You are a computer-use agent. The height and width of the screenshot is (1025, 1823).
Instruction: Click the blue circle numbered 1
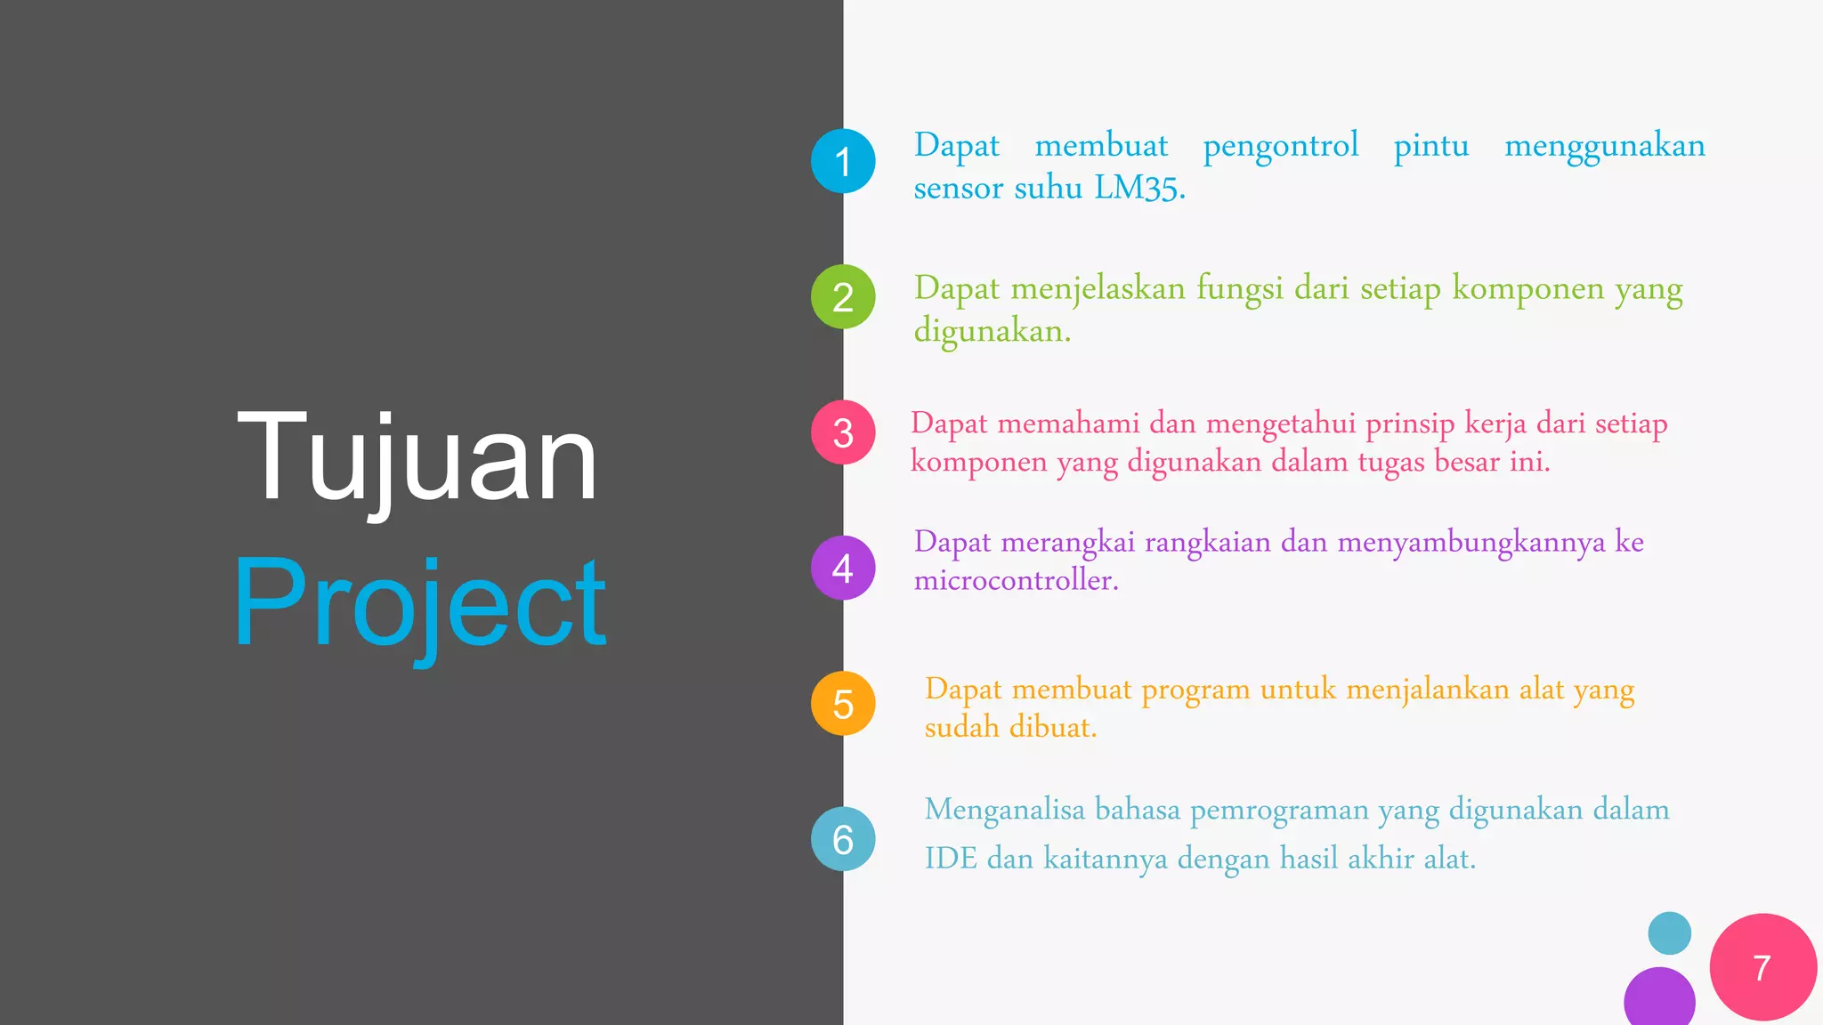(843, 161)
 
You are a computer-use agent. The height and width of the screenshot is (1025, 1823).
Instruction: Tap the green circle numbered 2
(843, 296)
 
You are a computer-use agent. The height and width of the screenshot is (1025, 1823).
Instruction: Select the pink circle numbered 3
(843, 432)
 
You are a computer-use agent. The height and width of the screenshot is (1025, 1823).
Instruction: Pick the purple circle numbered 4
(843, 568)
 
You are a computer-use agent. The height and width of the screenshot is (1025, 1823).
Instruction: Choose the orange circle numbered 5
(843, 704)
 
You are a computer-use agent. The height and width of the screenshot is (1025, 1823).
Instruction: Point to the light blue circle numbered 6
(843, 839)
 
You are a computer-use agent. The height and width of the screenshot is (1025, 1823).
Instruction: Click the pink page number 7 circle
(1762, 967)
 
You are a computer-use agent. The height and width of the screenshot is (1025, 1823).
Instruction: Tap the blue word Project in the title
(419, 603)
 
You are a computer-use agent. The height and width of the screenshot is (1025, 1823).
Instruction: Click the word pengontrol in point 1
(1280, 146)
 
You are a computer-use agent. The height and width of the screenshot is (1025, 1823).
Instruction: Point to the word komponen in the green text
(1528, 289)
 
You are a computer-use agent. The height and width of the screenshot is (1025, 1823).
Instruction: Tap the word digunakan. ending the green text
(992, 332)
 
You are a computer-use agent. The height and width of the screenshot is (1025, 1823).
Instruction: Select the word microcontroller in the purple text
(1015, 581)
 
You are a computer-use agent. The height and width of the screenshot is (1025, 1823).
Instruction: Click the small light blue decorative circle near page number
(1669, 933)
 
